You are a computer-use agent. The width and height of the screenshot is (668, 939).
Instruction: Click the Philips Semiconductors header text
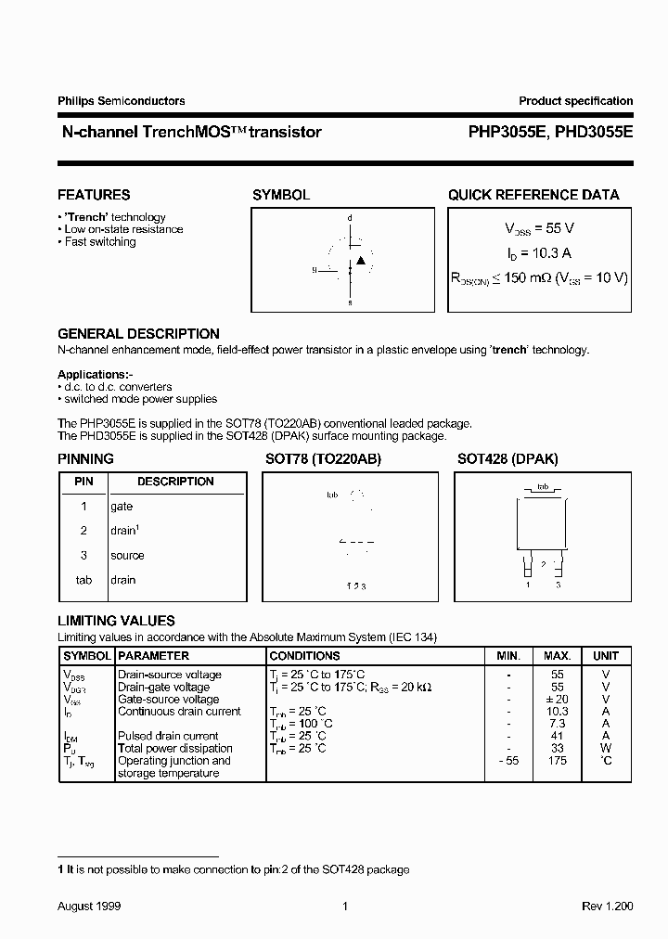[121, 101]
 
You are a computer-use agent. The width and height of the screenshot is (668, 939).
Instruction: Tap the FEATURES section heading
[94, 195]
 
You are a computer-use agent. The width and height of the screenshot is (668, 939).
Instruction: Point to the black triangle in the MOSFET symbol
[361, 261]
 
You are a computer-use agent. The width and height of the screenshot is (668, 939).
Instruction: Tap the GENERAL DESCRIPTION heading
[138, 334]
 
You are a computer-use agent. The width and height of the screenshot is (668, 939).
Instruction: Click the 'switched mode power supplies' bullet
[140, 399]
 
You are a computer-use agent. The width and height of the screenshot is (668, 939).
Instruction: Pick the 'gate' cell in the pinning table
[122, 507]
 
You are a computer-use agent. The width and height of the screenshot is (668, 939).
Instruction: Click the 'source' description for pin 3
[127, 556]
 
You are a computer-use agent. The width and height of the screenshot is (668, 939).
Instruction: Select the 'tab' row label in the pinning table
[83, 580]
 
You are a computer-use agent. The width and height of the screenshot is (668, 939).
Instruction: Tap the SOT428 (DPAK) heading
[507, 459]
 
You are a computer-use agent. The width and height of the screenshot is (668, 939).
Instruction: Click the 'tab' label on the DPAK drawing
[544, 486]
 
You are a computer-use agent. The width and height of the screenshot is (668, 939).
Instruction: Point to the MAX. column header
[558, 656]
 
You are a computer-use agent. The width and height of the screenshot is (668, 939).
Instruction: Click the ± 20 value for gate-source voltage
[558, 700]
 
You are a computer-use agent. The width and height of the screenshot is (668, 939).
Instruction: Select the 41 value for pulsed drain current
[558, 736]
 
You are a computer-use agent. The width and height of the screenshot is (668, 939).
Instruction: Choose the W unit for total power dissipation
[606, 748]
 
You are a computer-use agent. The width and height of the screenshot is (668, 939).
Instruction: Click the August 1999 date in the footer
[89, 907]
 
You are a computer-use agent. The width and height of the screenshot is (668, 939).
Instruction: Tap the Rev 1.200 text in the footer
[608, 907]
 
